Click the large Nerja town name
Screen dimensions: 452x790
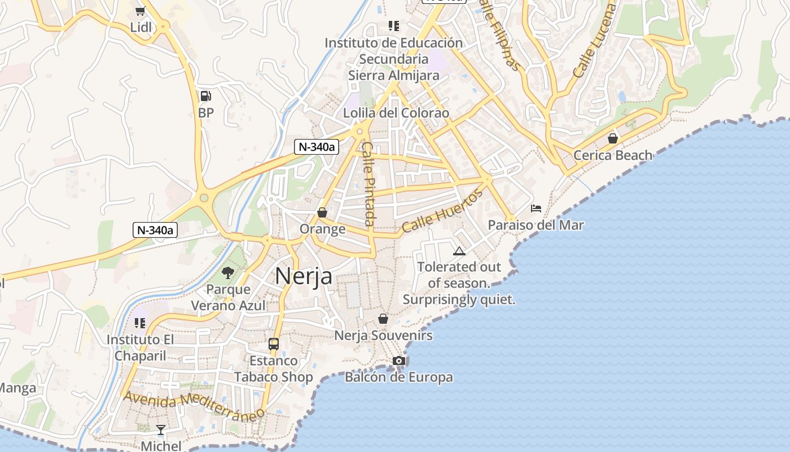[303, 276]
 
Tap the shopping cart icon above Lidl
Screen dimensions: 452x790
[141, 10]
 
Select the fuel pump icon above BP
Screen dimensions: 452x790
[205, 96]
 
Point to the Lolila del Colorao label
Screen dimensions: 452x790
[396, 113]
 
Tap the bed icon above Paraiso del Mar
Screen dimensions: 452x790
[536, 208]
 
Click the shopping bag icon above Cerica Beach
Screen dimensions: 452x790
[613, 138]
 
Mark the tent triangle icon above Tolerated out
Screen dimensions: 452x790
[459, 251]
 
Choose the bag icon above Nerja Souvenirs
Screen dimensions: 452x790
[383, 319]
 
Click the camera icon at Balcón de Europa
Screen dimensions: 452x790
[399, 360]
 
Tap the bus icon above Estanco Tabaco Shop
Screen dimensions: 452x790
[274, 344]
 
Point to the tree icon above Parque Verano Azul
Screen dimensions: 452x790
[228, 273]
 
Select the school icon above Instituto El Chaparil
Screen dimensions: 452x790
[140, 323]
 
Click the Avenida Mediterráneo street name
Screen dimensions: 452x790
[194, 405]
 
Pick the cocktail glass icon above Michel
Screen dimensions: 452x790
[161, 430]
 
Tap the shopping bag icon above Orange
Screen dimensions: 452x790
[322, 212]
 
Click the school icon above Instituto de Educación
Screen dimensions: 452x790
[393, 26]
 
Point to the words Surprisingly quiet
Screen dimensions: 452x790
[459, 299]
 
